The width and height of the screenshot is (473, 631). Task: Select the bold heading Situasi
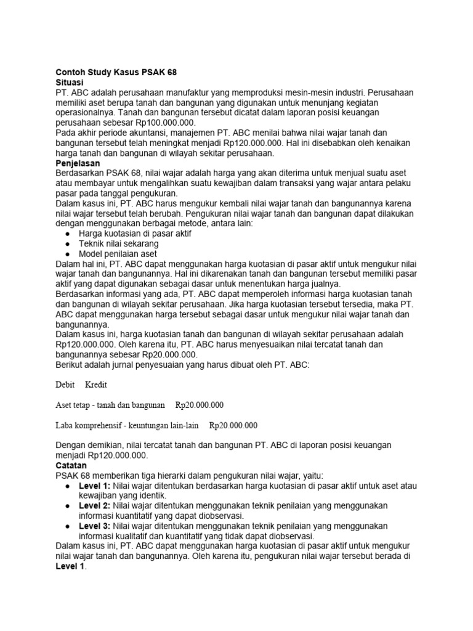point(69,82)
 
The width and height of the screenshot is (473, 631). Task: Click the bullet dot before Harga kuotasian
point(67,234)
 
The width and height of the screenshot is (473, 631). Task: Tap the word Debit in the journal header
point(65,385)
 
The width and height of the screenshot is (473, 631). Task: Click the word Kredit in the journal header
point(96,385)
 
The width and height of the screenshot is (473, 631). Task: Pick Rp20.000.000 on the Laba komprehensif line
point(233,425)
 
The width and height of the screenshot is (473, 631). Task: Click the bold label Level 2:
point(94,505)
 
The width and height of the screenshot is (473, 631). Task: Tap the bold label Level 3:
point(94,526)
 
